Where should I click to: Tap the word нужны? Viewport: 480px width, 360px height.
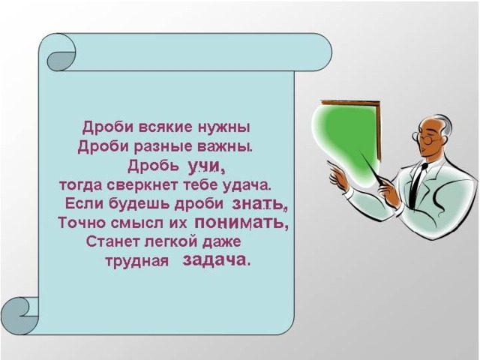(x=224, y=127)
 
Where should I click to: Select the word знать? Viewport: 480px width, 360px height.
(x=259, y=204)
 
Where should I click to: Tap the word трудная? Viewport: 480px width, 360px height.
(x=137, y=262)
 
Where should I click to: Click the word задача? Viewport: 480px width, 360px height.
(x=217, y=260)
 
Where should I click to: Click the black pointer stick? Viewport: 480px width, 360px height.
(x=373, y=170)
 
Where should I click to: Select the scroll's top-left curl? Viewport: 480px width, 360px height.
(x=61, y=56)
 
